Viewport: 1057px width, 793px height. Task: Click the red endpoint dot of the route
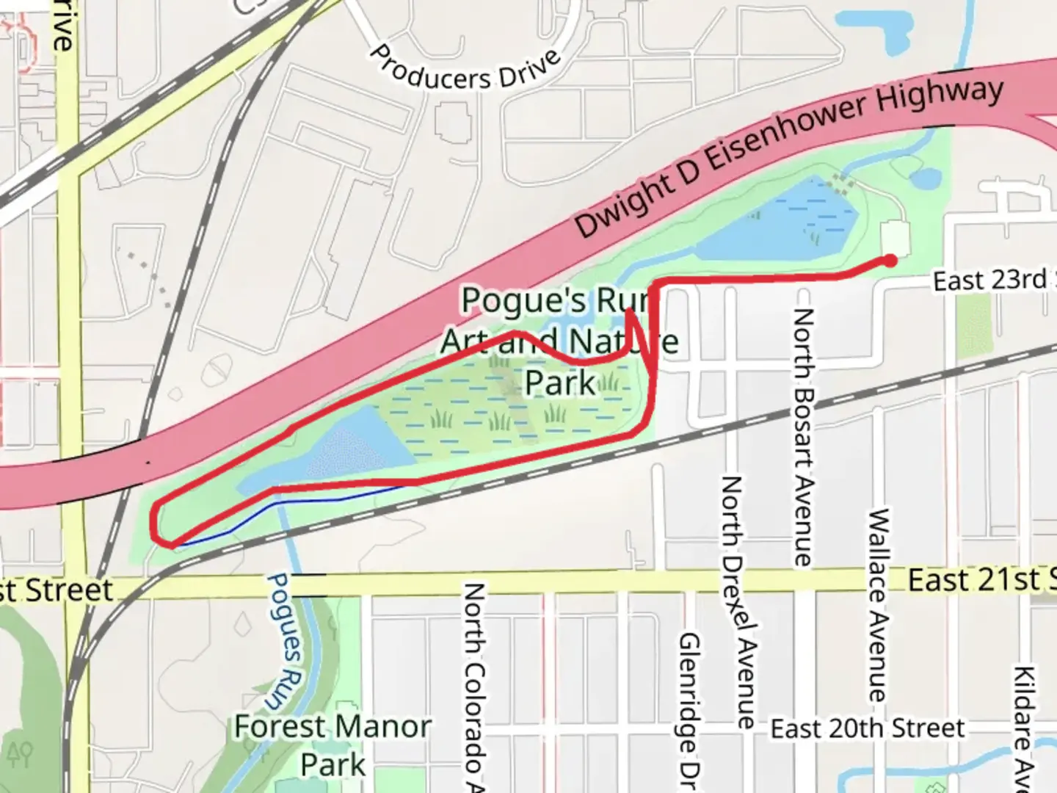(890, 260)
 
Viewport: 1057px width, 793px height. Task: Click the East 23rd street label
(991, 280)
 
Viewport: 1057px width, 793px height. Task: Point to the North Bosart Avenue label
(803, 437)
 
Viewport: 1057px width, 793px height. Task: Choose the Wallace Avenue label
(877, 604)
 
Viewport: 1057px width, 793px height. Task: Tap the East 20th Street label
(868, 729)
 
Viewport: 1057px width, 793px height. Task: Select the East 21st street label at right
(980, 580)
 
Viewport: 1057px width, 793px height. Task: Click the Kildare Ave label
(1023, 727)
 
